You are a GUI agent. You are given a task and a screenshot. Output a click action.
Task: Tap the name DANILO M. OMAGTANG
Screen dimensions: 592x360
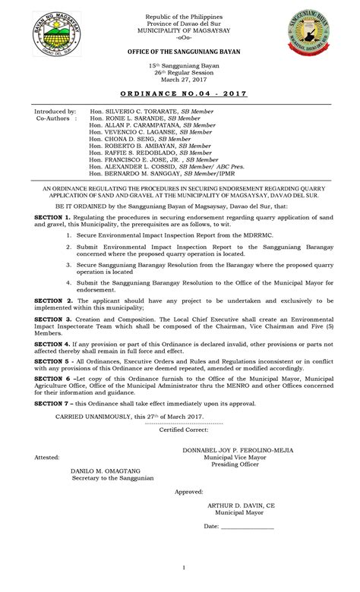click(106, 471)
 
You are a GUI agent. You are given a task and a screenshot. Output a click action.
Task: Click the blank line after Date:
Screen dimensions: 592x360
click(248, 527)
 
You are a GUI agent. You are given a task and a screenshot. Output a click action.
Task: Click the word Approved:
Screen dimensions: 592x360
click(189, 492)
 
